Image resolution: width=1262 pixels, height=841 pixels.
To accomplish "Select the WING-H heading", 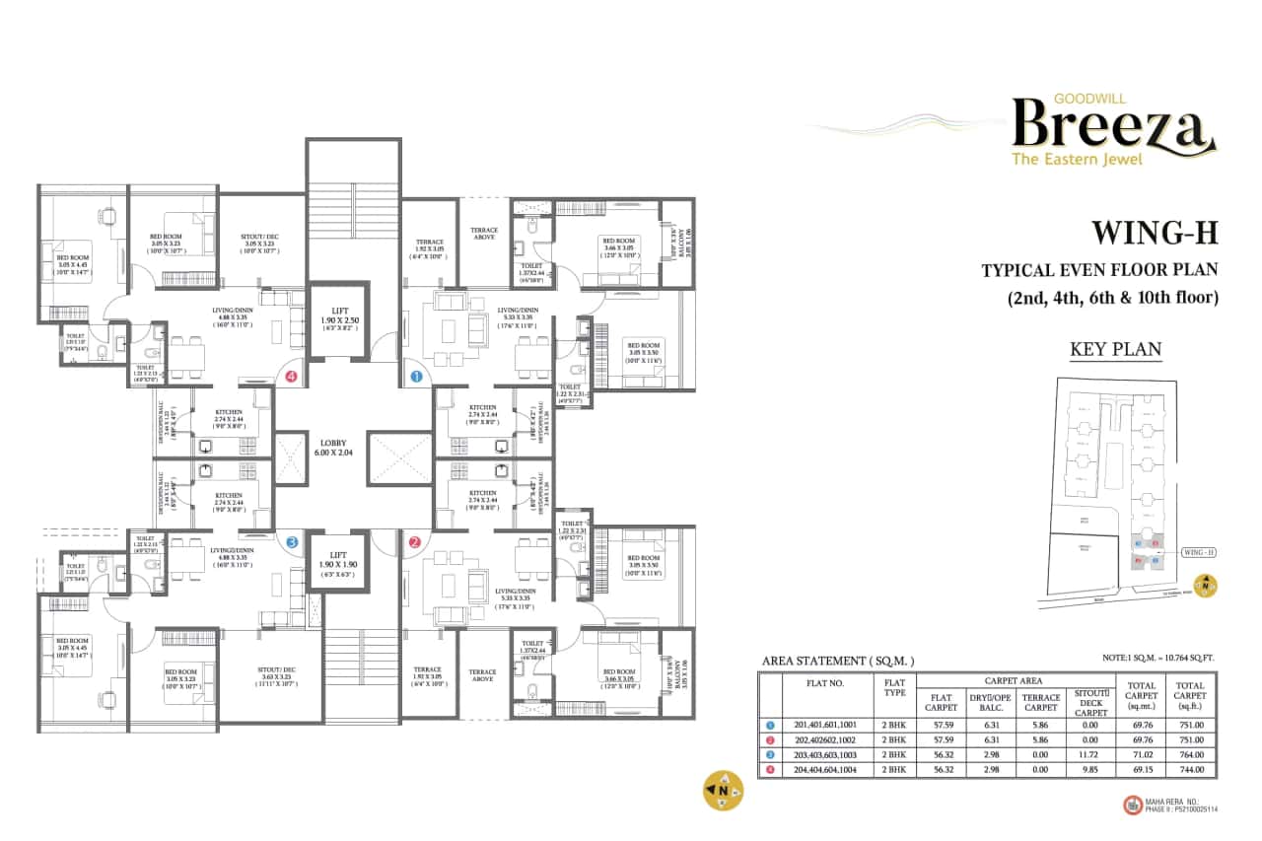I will [1154, 233].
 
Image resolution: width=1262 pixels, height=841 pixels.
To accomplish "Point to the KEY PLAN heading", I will [1115, 348].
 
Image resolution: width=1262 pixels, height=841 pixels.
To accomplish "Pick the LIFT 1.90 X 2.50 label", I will [338, 316].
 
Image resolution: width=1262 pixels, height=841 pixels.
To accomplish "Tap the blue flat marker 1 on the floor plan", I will [415, 376].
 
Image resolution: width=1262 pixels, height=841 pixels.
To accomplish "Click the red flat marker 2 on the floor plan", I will [415, 541].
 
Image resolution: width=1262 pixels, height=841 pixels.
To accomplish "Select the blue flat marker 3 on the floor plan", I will [291, 541].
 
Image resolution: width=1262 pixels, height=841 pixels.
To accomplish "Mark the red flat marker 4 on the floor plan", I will [291, 376].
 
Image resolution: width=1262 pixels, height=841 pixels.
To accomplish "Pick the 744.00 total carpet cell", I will [1190, 770].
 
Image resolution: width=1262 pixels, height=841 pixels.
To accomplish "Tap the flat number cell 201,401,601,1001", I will [827, 726].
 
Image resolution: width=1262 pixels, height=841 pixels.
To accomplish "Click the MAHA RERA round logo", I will [1131, 804].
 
